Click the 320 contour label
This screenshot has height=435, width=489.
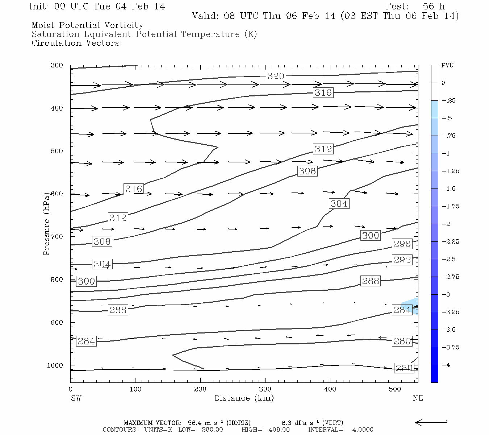pos(276,76)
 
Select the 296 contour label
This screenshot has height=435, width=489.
pos(402,244)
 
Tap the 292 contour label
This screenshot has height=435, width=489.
pos(402,260)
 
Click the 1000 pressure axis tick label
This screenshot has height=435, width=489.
pos(55,365)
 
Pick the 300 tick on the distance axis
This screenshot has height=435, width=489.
pos(265,389)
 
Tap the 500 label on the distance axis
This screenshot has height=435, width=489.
pos(395,389)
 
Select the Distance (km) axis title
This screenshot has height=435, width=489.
pos(244,398)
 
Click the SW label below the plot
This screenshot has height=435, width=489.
pos(76,398)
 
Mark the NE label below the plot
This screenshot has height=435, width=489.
pos(418,398)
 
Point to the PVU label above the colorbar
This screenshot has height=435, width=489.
pos(447,65)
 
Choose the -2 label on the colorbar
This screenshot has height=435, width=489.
pos(446,224)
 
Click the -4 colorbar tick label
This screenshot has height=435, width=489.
pos(446,365)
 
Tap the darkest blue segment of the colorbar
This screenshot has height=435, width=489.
pos(434,373)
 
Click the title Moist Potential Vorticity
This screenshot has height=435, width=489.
pos(87,25)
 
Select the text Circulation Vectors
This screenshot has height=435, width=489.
pos(75,43)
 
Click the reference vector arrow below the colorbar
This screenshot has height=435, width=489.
pos(431,422)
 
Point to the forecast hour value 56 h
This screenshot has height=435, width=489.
pos(434,7)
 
